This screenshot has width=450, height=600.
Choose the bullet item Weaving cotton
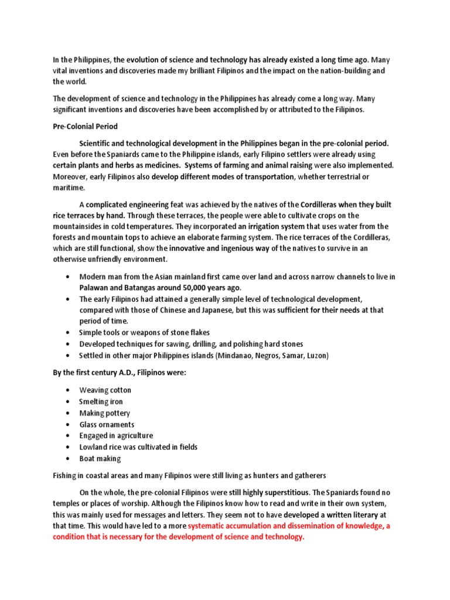pyautogui.click(x=105, y=390)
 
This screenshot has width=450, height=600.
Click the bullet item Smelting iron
pyautogui.click(x=101, y=401)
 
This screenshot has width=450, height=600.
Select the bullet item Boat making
pyautogui.click(x=100, y=458)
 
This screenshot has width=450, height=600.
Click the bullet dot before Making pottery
pyautogui.click(x=69, y=413)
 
